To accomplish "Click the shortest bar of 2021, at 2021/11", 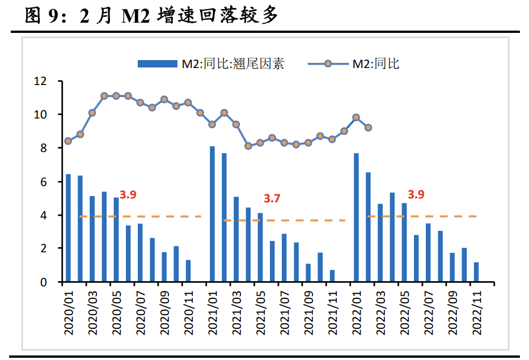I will (332, 276).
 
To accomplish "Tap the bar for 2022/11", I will (476, 272).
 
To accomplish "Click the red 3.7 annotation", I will (272, 198).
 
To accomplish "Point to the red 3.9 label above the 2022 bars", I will (416, 194).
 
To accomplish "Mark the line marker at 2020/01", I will (68, 141).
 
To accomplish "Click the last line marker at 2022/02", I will (368, 128).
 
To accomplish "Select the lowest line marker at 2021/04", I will (248, 146).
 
